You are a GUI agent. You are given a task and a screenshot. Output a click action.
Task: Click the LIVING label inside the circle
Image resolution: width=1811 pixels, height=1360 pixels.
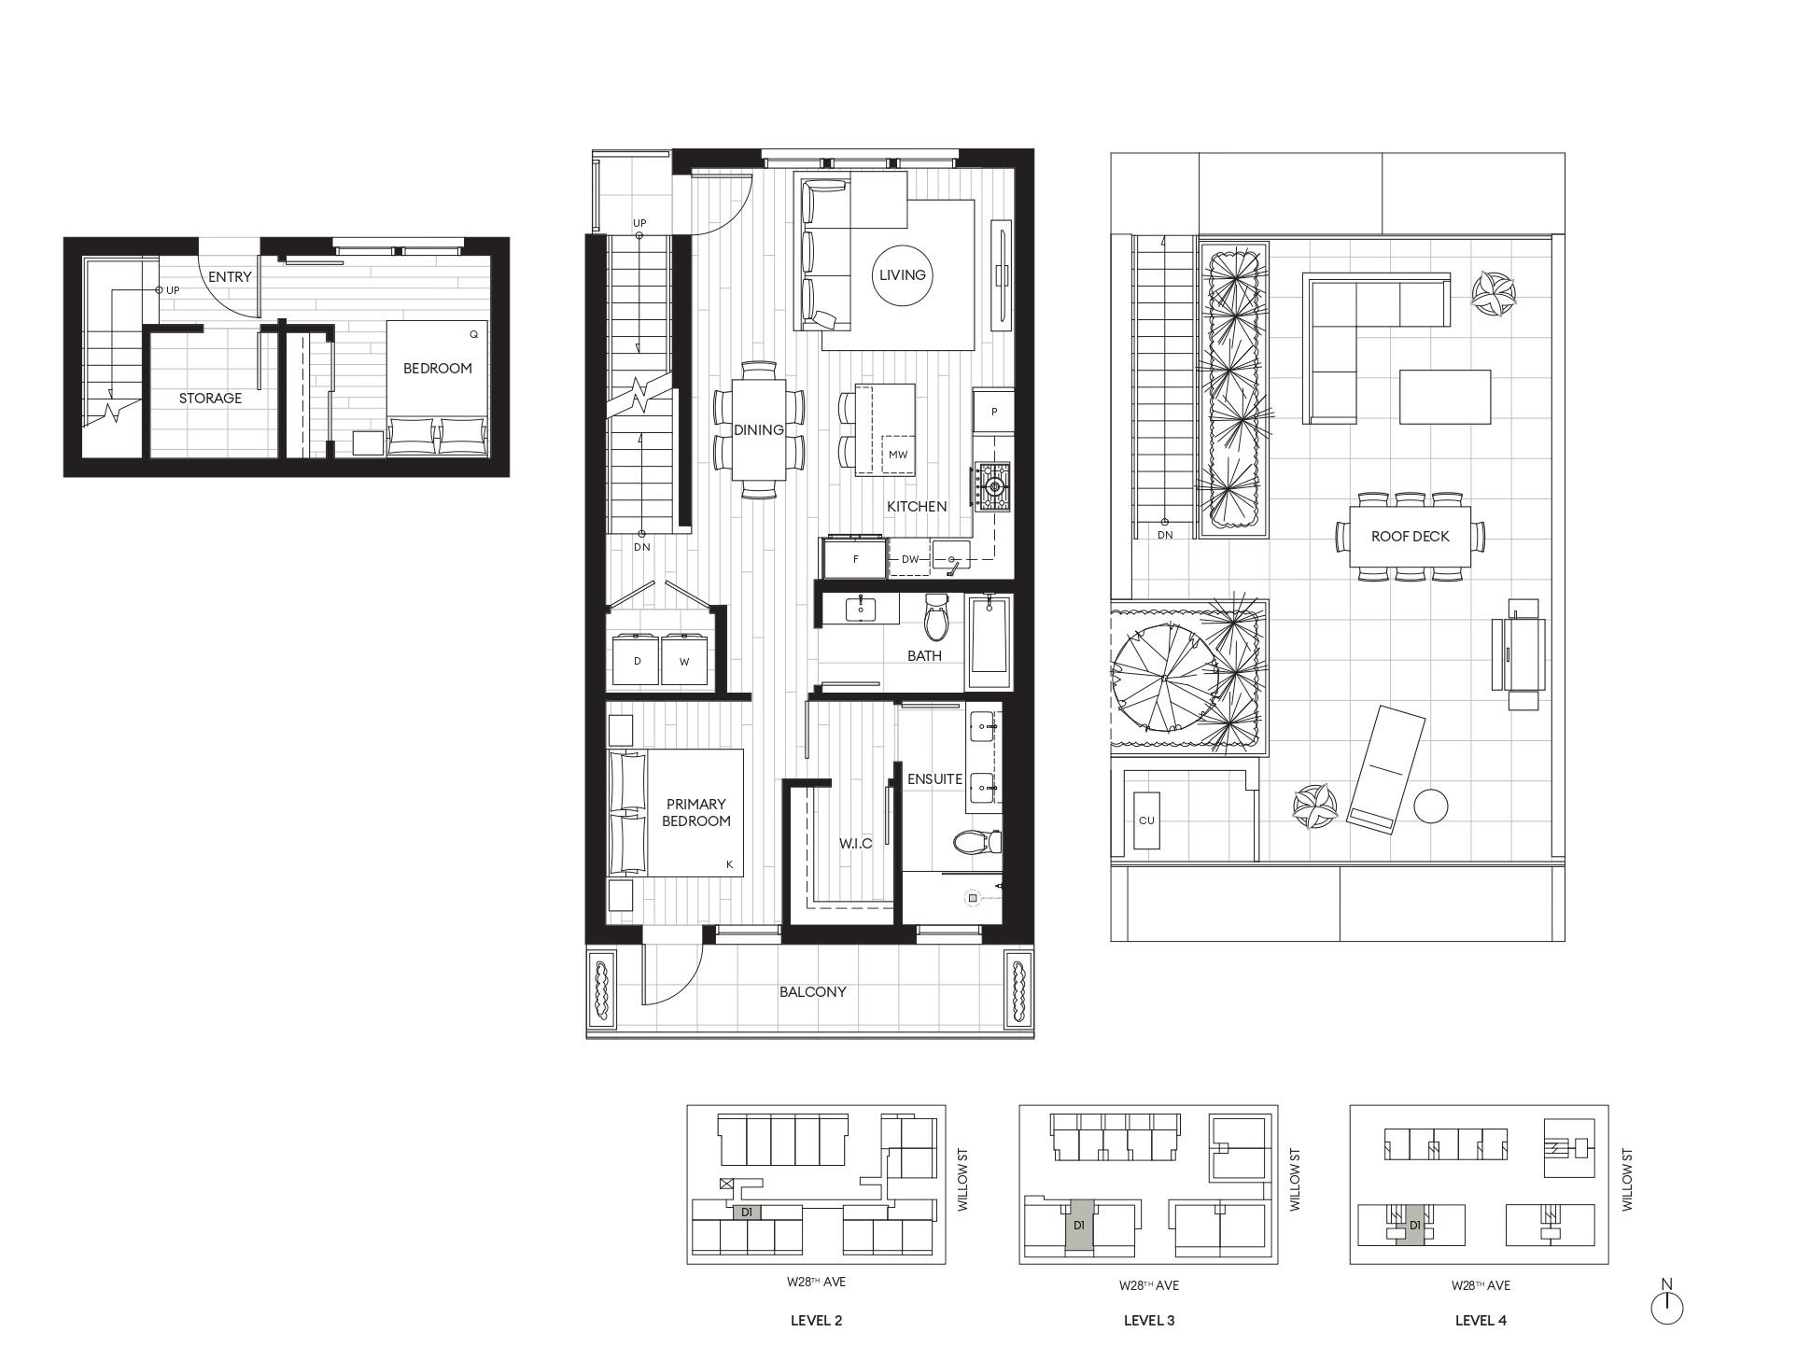tap(902, 274)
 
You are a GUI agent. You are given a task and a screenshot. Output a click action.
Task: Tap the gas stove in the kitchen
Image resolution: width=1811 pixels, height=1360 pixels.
tap(993, 486)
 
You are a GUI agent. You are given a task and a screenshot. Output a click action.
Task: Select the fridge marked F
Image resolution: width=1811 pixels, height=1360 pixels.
tap(855, 560)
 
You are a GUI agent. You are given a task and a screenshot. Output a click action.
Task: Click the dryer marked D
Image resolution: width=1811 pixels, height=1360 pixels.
tap(638, 661)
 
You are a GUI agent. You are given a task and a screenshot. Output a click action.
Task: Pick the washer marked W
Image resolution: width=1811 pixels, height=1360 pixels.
tap(684, 661)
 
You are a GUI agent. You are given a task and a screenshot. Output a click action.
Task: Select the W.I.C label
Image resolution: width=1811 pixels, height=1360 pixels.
tap(855, 843)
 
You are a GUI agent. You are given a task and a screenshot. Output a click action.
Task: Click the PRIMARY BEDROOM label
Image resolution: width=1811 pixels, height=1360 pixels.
tap(696, 812)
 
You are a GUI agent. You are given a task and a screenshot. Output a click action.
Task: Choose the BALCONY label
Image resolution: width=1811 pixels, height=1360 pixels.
tap(812, 991)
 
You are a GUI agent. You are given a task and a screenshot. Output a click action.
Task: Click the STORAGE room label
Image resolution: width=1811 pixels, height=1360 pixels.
tap(210, 398)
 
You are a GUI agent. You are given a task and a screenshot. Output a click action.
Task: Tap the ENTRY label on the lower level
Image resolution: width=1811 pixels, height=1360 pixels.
tap(230, 276)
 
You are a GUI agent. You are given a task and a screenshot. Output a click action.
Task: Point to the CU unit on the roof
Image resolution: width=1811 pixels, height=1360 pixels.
tap(1146, 820)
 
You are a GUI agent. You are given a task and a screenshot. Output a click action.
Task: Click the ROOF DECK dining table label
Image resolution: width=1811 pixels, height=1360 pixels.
tap(1410, 537)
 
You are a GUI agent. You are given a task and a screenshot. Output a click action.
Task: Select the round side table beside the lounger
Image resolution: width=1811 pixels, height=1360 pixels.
tap(1430, 806)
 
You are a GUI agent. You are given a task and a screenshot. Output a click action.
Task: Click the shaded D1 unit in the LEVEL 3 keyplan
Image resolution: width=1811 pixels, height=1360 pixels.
tap(1078, 1226)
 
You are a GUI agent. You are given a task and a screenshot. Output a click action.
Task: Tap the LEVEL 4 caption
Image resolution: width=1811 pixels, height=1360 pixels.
tap(1480, 1320)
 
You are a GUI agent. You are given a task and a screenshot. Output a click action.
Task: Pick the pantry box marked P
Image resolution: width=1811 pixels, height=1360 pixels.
tap(994, 411)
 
